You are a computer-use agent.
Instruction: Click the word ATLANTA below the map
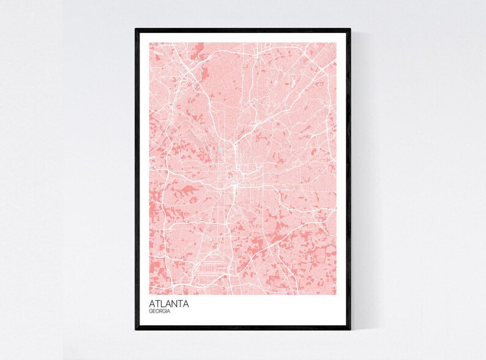[x=169, y=304]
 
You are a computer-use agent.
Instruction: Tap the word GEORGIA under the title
[x=160, y=312]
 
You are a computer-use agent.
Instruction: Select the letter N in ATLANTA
[x=174, y=304]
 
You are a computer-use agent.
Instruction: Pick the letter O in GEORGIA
[x=157, y=312]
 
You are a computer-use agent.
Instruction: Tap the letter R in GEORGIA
[x=161, y=312]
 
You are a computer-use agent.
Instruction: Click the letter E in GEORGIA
[x=154, y=312]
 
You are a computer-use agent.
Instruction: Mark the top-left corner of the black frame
[x=136, y=29]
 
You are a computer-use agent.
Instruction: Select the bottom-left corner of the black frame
[x=136, y=329]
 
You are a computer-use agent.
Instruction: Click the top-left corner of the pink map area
[x=149, y=43]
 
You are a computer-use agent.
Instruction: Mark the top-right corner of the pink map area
[x=336, y=43]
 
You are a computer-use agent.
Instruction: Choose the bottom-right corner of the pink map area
[x=336, y=294]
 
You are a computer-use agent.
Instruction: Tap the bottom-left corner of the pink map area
[x=149, y=294]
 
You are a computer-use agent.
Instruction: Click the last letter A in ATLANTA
[x=186, y=304]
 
